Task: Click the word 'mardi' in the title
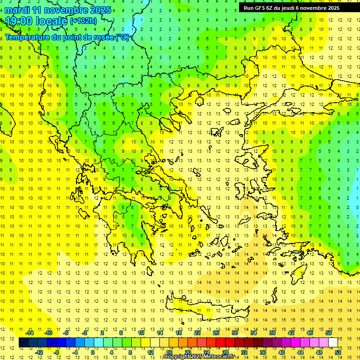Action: point(17,10)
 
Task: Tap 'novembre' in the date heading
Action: point(66,10)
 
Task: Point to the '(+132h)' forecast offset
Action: point(83,21)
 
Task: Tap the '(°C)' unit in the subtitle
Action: point(122,37)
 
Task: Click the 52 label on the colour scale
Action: point(338,352)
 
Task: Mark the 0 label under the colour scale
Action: point(93,352)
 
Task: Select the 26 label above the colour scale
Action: point(216,333)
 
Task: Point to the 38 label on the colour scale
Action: point(272,333)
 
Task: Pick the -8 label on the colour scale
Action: point(57,352)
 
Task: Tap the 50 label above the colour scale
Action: point(329,333)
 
